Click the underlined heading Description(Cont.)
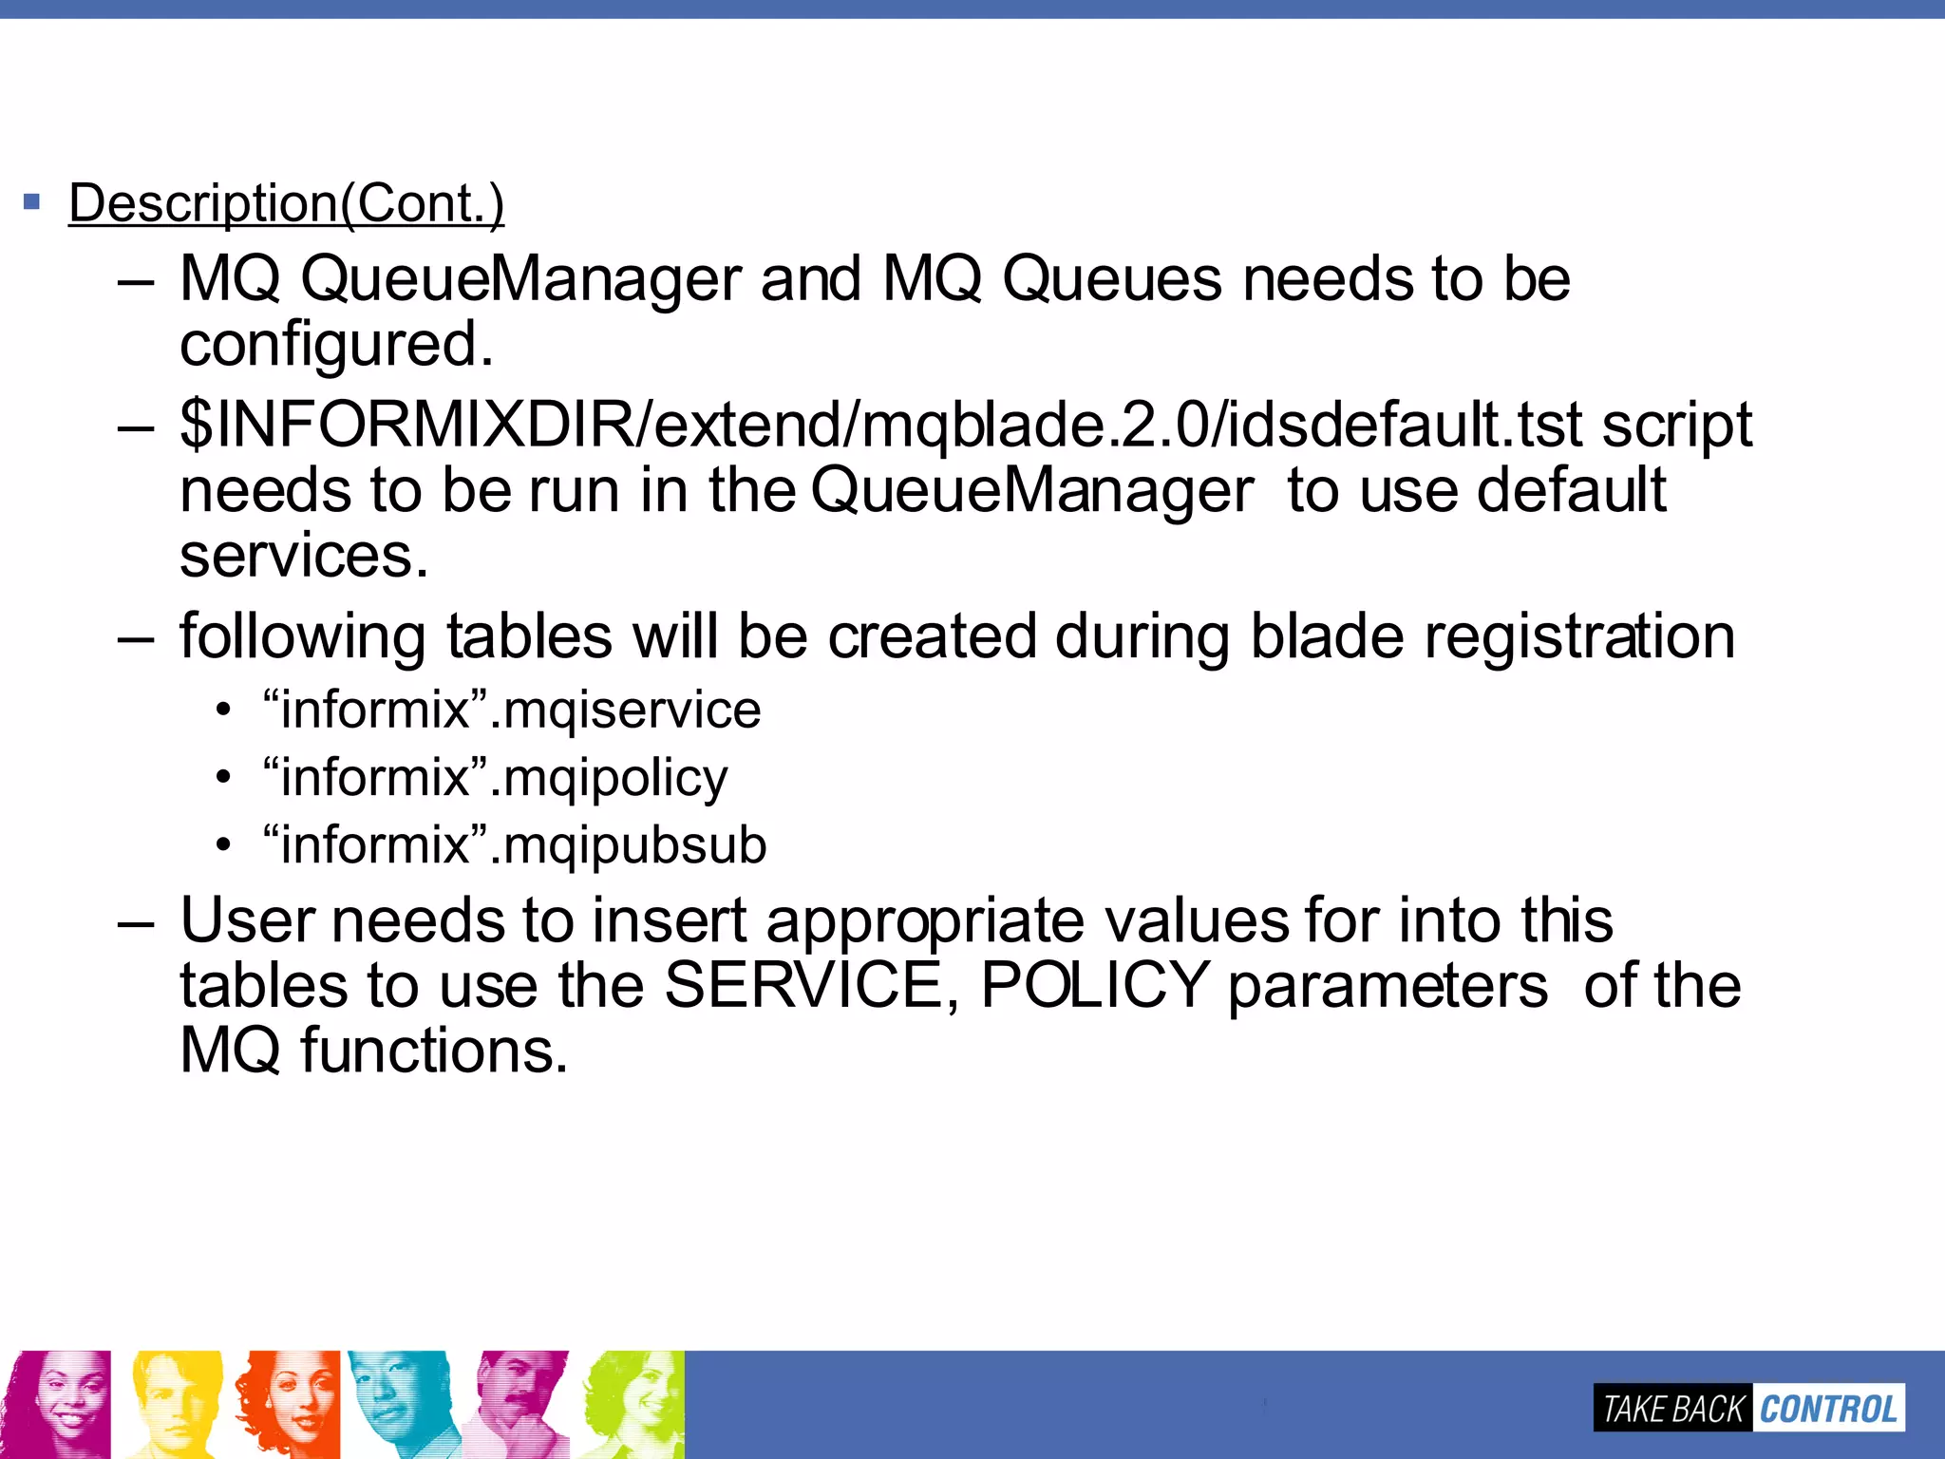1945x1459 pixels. [286, 203]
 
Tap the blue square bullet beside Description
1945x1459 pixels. [32, 201]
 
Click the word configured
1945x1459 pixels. [336, 344]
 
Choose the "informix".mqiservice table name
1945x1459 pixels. [512, 710]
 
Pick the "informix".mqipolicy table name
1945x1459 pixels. [495, 777]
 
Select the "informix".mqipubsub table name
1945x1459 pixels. [515, 844]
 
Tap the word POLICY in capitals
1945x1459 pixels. [1095, 985]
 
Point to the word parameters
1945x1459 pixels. [1388, 985]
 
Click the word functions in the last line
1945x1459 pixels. [434, 1051]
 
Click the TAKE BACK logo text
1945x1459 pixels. [1672, 1409]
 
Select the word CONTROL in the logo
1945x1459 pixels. [1828, 1409]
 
